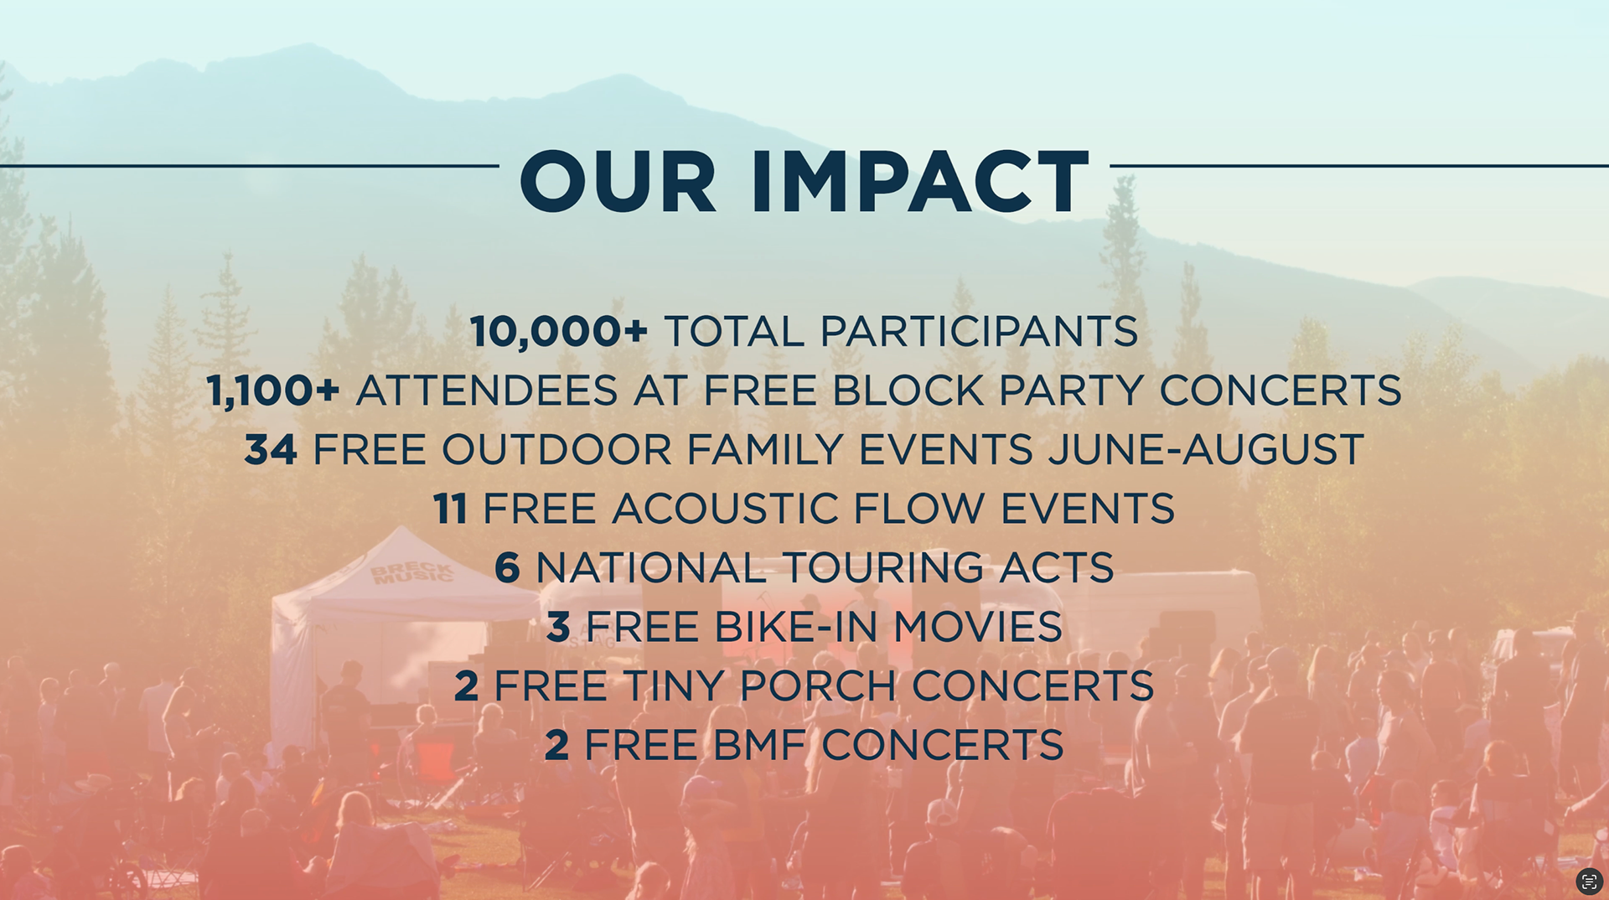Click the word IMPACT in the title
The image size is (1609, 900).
point(919,181)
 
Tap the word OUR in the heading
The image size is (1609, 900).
point(618,181)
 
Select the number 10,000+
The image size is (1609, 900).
point(559,332)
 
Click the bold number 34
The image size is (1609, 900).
point(271,450)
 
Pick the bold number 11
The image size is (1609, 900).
point(450,509)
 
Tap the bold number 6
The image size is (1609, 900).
point(508,568)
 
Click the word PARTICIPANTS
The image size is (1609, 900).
point(979,332)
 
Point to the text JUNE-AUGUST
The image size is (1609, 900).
point(1206,450)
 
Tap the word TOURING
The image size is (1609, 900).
point(882,568)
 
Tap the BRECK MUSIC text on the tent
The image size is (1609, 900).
point(412,573)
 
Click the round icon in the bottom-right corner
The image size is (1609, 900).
point(1589,881)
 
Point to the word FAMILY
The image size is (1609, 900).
point(764,450)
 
